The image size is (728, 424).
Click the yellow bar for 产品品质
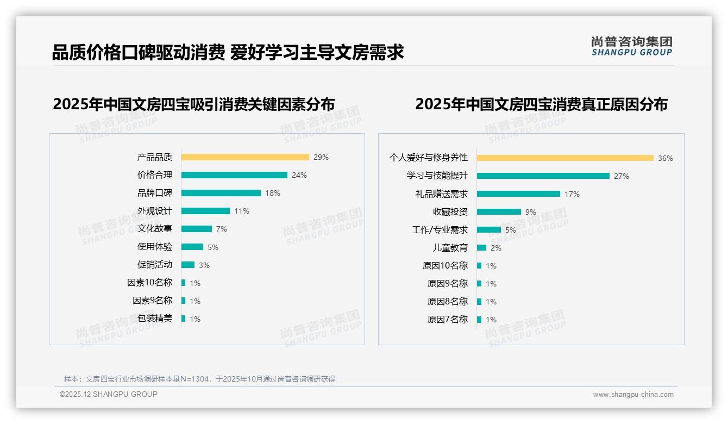[x=245, y=157]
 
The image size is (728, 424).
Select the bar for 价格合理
[x=234, y=175]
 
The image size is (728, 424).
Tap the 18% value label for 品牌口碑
[x=273, y=193]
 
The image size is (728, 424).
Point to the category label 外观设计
[x=154, y=211]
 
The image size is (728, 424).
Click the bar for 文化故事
[x=197, y=229]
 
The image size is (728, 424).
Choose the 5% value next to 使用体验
[x=213, y=247]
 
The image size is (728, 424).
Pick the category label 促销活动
[x=154, y=265]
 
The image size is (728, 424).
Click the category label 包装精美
[x=154, y=319]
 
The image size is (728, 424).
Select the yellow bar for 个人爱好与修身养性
[x=565, y=158]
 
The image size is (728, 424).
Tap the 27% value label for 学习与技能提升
[x=622, y=176]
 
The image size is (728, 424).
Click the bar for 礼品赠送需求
[x=518, y=194]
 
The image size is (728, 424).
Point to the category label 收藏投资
[x=450, y=212]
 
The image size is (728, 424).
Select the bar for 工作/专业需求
[x=489, y=230]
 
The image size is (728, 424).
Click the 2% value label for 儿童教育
[x=495, y=248]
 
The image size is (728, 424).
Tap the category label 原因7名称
[x=447, y=320]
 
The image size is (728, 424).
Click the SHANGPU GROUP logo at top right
[x=631, y=46]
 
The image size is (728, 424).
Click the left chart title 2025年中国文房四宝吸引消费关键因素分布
[x=193, y=104]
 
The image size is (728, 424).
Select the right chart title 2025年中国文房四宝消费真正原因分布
[x=541, y=104]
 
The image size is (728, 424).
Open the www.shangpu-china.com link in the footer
[x=633, y=395]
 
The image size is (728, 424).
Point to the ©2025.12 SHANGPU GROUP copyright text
[x=109, y=394]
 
